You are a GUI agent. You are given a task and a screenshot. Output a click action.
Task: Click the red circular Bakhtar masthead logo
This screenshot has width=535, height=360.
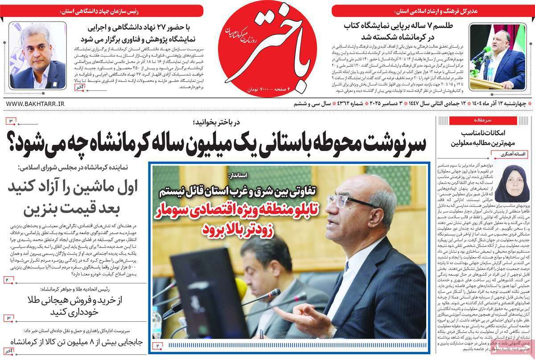point(267,51)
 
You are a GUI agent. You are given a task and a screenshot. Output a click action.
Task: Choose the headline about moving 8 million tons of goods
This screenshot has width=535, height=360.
point(71,343)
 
